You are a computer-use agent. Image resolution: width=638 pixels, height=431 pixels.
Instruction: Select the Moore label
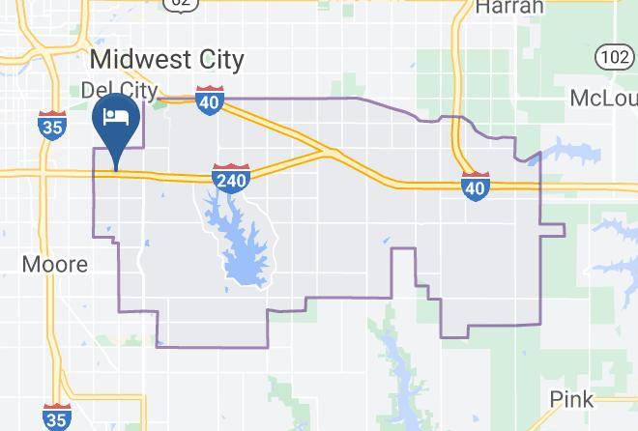[54, 264]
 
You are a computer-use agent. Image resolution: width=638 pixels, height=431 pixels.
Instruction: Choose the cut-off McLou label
[603, 99]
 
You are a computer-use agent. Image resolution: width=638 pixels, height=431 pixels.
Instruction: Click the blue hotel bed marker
[116, 118]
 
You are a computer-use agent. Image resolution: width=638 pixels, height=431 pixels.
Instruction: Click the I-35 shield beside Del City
[53, 125]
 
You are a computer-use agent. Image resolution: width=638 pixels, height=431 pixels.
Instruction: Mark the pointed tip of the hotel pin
[116, 169]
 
